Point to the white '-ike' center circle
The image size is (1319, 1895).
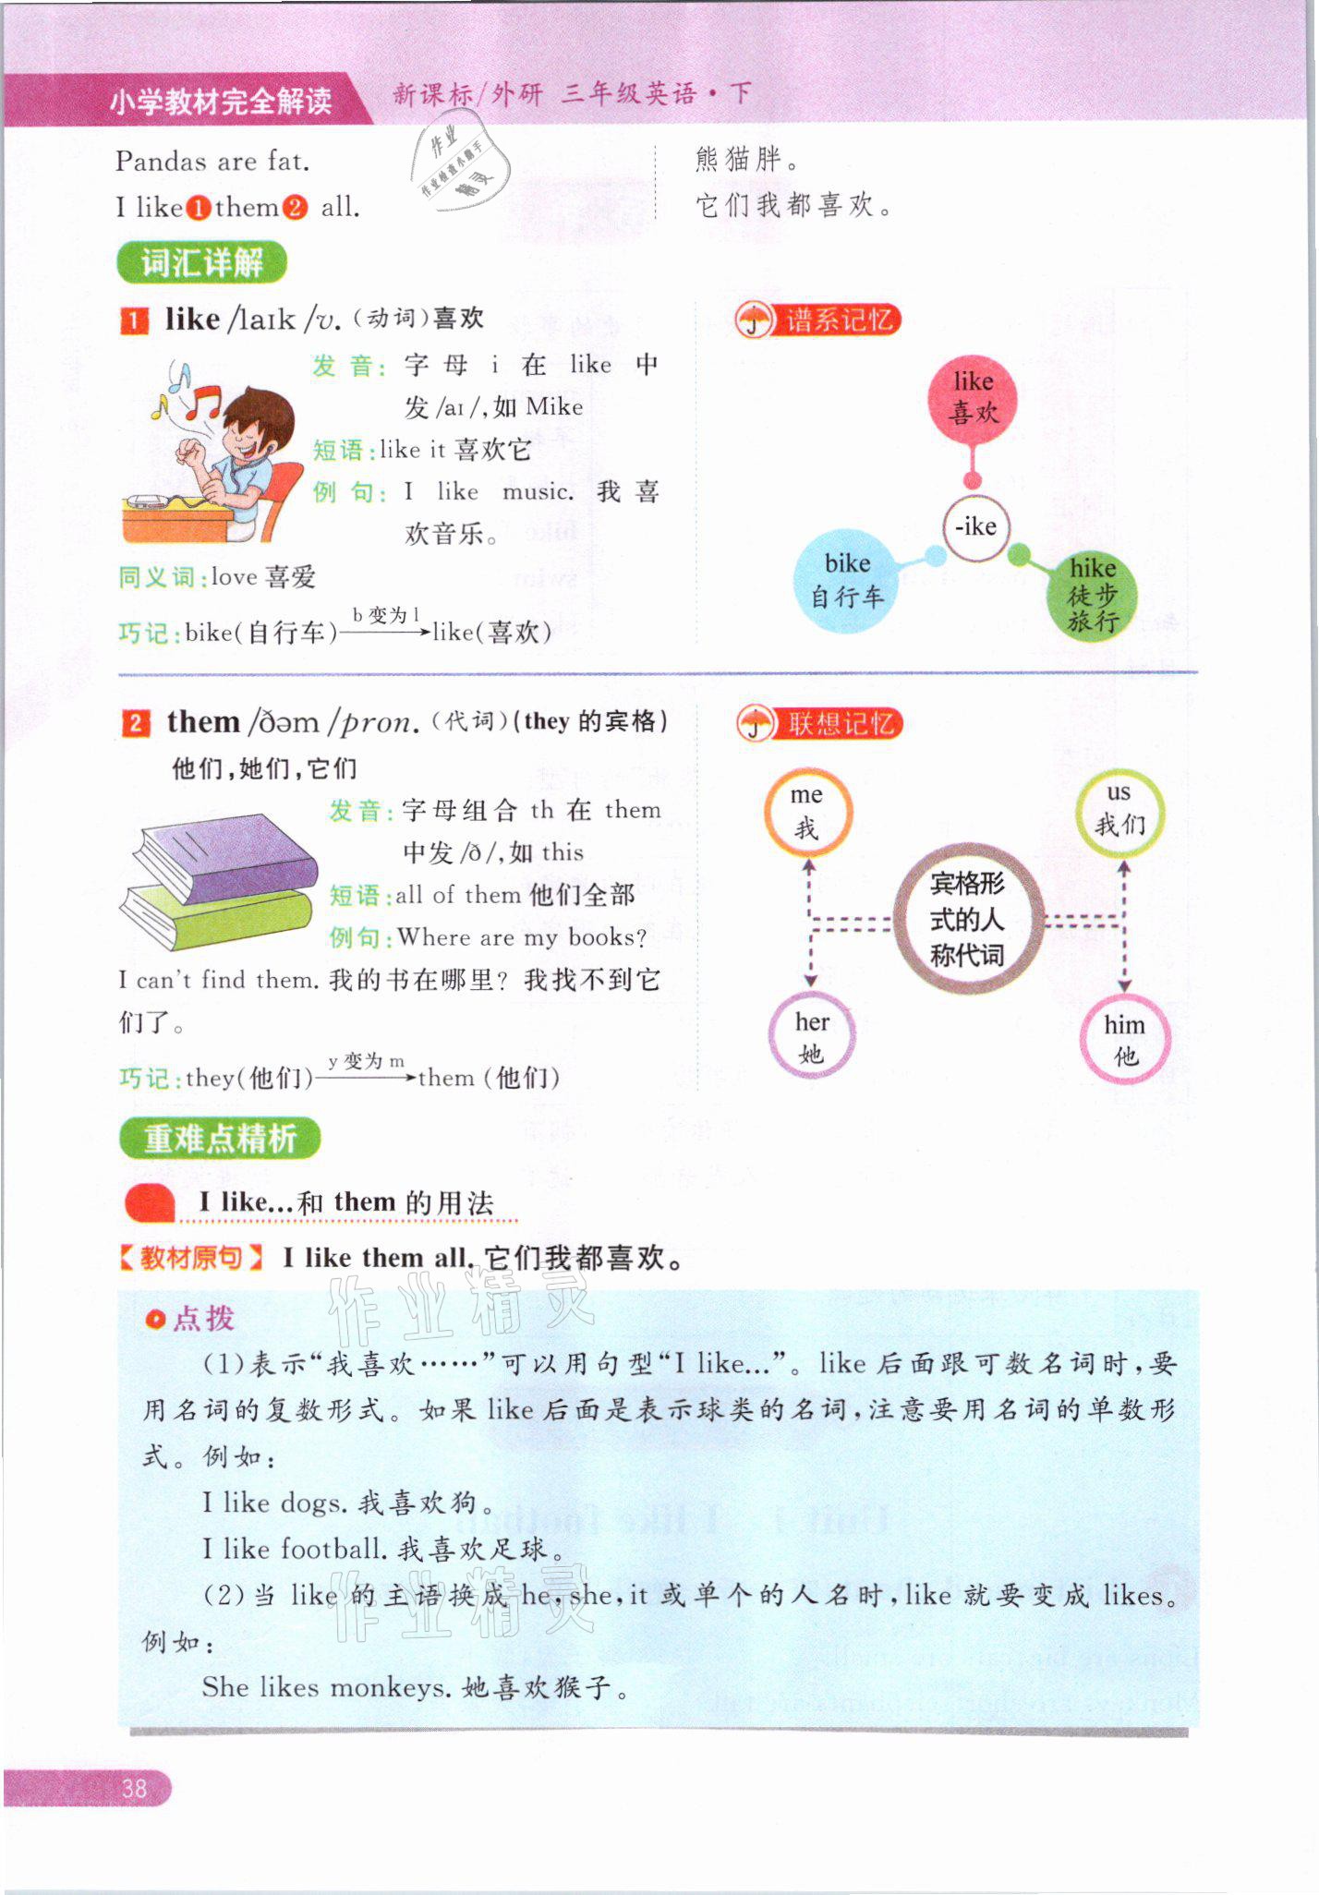pyautogui.click(x=975, y=527)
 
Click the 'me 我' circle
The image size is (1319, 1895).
pyautogui.click(x=807, y=811)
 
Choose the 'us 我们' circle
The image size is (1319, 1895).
pyautogui.click(x=1119, y=810)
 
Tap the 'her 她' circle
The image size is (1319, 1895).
pyautogui.click(x=812, y=1036)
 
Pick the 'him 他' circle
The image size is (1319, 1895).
pyautogui.click(x=1125, y=1039)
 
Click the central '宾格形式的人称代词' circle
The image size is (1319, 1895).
pyautogui.click(x=967, y=919)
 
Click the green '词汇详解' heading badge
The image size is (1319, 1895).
pyautogui.click(x=201, y=263)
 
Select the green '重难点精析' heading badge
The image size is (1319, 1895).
pyautogui.click(x=220, y=1139)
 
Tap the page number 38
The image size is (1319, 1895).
pyautogui.click(x=134, y=1788)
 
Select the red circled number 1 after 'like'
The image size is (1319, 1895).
pyautogui.click(x=199, y=208)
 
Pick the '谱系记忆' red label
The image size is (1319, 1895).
pyautogui.click(x=839, y=320)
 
